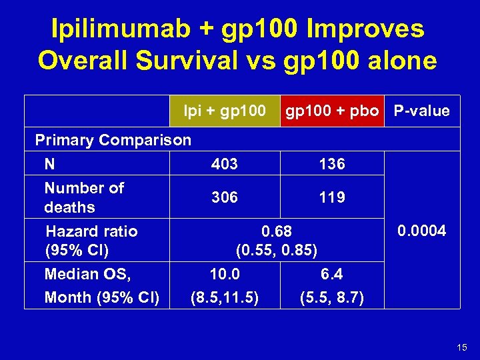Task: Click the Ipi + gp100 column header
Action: tap(225, 111)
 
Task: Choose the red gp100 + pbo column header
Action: tap(332, 111)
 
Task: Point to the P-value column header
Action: tap(421, 111)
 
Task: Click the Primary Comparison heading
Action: tap(113, 140)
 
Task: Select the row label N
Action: tap(50, 164)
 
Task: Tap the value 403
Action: tap(225, 164)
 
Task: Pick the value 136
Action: tap(332, 164)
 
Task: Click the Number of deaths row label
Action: tap(84, 197)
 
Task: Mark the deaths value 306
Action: tap(225, 197)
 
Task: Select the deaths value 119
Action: tap(332, 197)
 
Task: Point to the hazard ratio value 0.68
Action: tap(277, 232)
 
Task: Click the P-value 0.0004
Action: tap(421, 231)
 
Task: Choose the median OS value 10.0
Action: tap(225, 274)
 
